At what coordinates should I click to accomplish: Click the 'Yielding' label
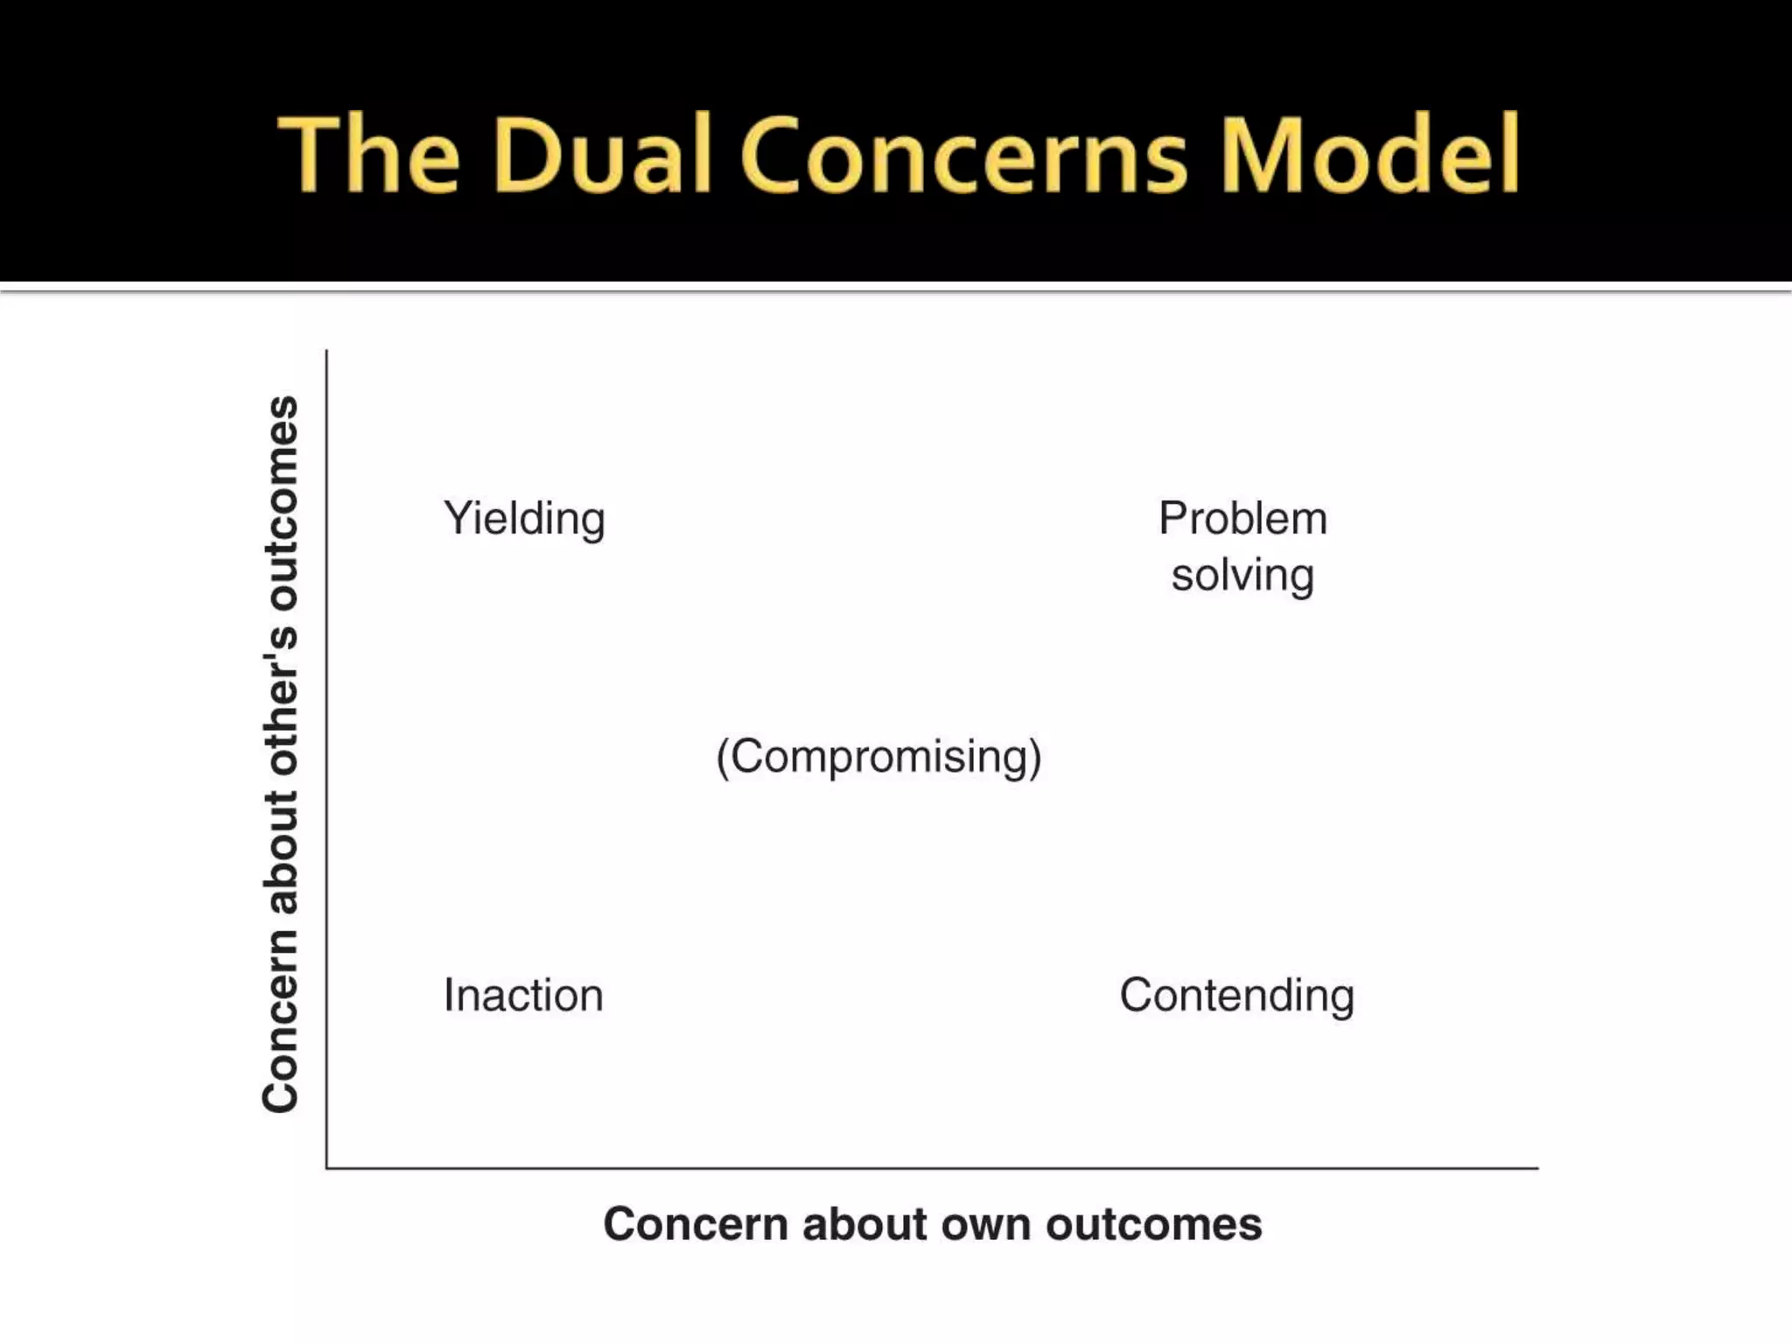tap(524, 519)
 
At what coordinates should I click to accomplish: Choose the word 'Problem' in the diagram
tap(1242, 518)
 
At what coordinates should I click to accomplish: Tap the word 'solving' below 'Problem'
tap(1242, 577)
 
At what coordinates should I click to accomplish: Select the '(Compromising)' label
tap(878, 757)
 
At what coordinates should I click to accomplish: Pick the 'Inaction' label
tap(523, 996)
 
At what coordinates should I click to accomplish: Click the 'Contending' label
tap(1236, 996)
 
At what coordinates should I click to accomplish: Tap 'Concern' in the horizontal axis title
tap(696, 1224)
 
